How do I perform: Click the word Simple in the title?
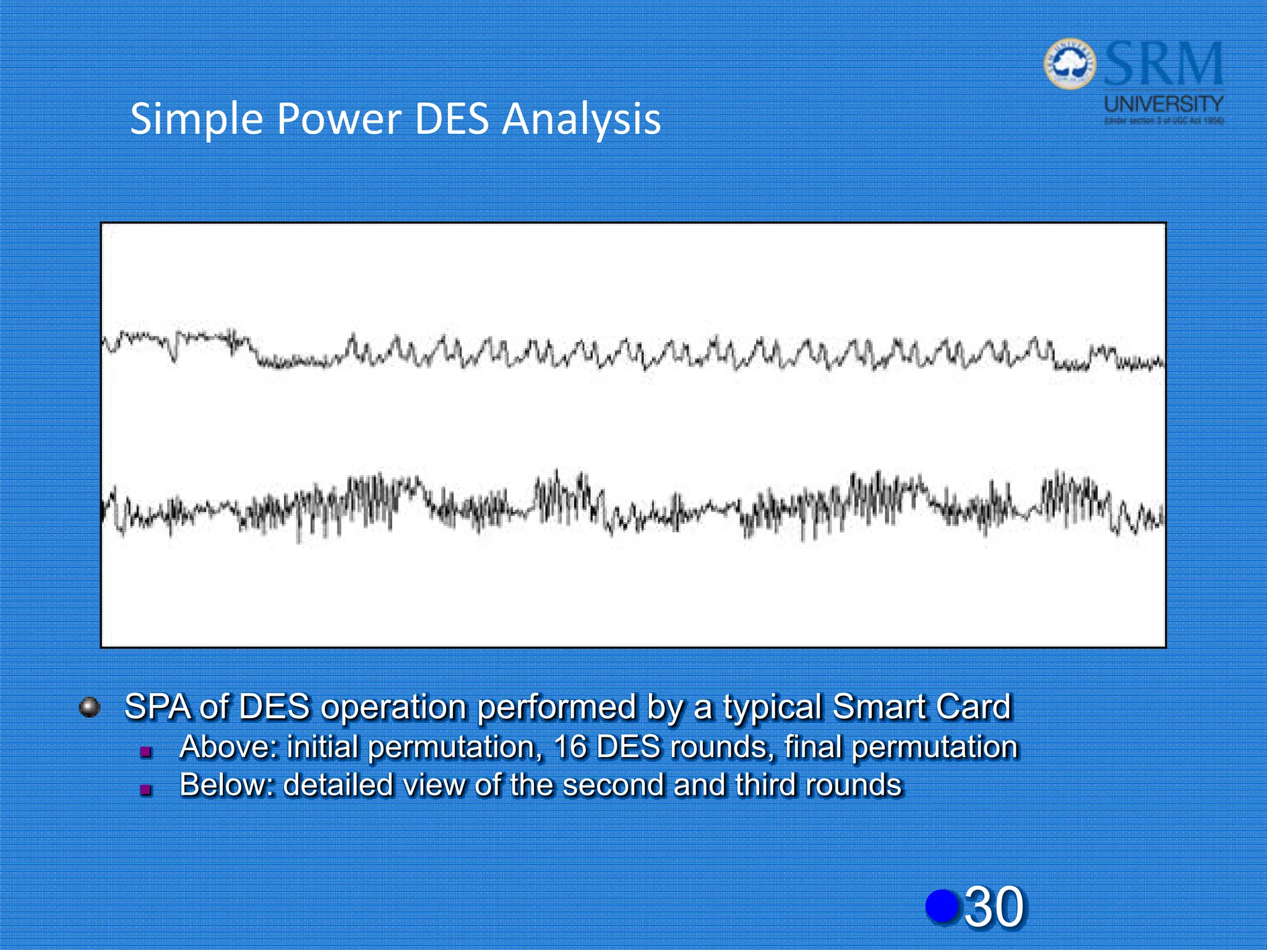pos(197,119)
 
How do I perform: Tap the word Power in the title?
pos(339,119)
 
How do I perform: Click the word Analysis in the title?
pos(581,119)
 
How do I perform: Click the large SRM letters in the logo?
pos(1163,64)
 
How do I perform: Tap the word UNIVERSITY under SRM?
pos(1164,103)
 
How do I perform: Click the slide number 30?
pos(994,907)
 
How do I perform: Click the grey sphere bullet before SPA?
pos(90,707)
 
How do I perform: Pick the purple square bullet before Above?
pos(146,751)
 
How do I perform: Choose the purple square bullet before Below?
pos(146,789)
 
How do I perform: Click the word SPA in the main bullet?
pos(158,707)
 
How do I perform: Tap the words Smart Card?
pos(922,707)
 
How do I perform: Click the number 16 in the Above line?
pos(569,747)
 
